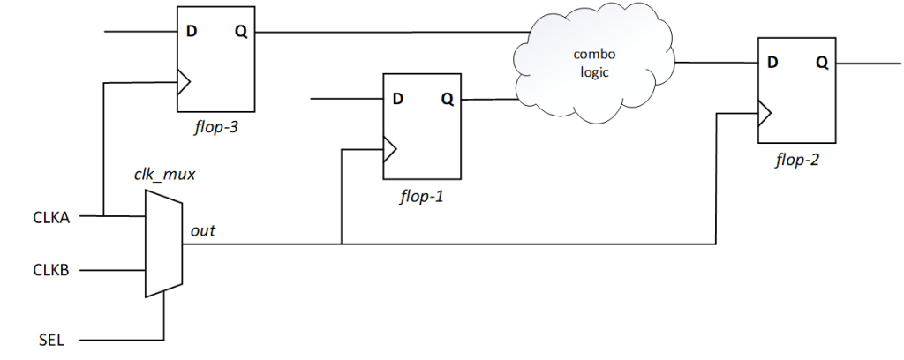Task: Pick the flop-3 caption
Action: pos(215,129)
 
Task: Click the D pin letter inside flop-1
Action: pos(398,98)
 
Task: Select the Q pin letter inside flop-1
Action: pos(447,98)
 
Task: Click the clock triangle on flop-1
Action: pos(389,149)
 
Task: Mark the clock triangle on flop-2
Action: pos(765,113)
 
